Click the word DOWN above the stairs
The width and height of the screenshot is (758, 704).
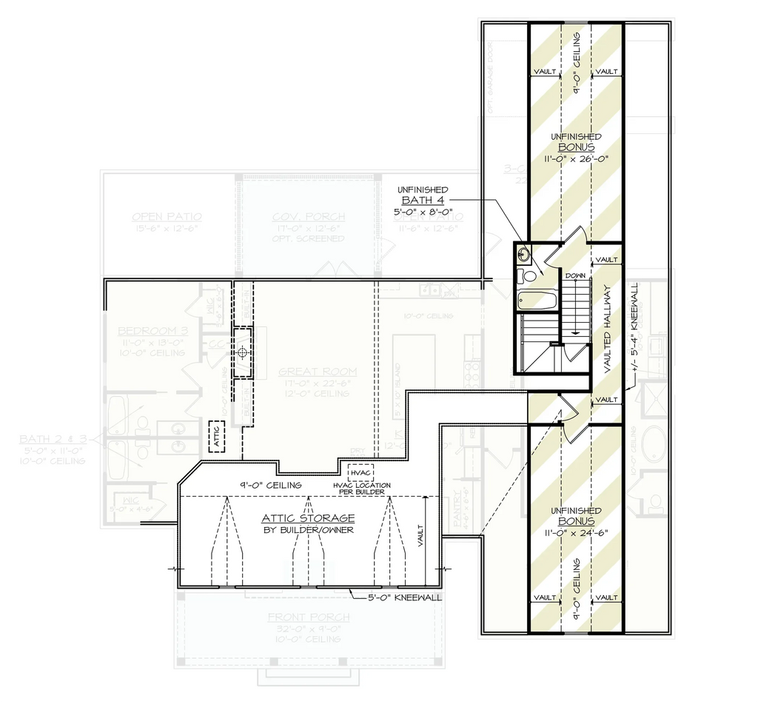(575, 275)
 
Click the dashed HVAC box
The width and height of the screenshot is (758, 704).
(360, 472)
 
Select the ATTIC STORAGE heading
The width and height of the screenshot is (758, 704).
(308, 518)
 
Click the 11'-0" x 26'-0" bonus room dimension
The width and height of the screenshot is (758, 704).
(576, 158)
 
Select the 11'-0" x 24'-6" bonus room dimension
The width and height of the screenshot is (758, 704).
(576, 532)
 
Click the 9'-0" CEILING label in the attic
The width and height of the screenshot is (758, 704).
(261, 485)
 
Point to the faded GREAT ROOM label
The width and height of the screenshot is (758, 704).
(318, 372)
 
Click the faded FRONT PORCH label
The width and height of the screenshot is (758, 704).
(303, 617)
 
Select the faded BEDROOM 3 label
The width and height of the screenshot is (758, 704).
(152, 331)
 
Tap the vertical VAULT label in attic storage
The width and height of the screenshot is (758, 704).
(420, 534)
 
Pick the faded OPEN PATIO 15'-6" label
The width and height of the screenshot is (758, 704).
(167, 217)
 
